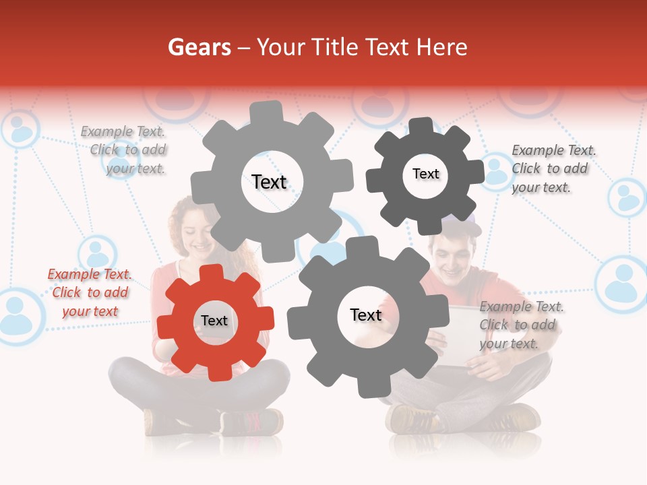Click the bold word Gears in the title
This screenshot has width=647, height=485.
199,47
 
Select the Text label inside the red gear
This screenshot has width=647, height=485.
214,321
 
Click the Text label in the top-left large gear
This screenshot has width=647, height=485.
269,182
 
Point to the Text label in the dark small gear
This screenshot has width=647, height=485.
425,174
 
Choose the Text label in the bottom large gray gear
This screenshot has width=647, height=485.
366,315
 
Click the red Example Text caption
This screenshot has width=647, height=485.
90,292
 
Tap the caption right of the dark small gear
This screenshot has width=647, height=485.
553,168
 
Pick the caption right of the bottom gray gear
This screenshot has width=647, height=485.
520,325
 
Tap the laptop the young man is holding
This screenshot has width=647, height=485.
465,337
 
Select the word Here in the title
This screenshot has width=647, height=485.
441,47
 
